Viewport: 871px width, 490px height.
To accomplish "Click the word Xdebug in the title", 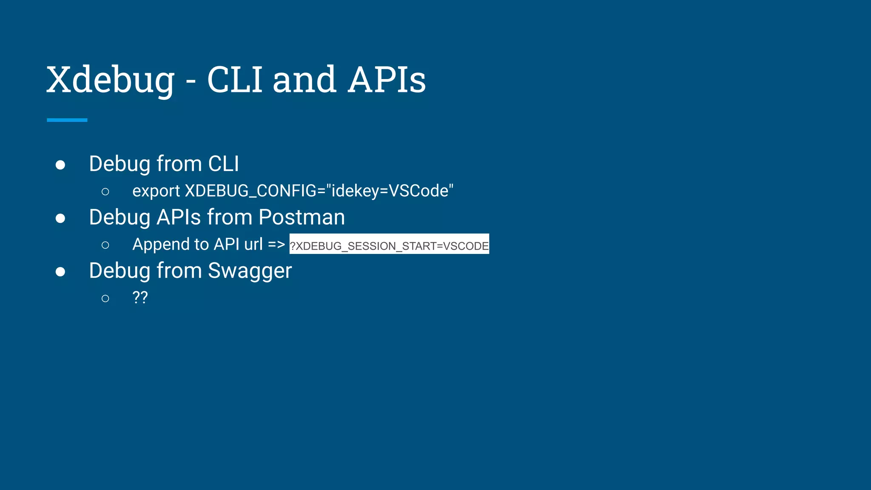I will (x=111, y=80).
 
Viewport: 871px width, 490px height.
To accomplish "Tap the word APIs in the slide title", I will (x=387, y=80).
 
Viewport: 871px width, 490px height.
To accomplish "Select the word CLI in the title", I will (x=235, y=80).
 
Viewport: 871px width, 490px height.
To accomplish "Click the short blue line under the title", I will (x=67, y=120).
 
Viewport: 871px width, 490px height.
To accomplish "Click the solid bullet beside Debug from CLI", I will (x=60, y=165).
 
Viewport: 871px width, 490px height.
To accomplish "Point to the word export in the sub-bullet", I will (x=156, y=191).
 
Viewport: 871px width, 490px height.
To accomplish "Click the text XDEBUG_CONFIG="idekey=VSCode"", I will (x=319, y=191).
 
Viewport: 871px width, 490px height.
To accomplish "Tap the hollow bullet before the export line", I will (x=105, y=192).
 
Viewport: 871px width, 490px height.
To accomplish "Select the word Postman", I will (x=302, y=217).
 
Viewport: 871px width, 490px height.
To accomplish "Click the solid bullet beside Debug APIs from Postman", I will (x=60, y=219).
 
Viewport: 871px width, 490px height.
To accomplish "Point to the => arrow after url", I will (x=276, y=245).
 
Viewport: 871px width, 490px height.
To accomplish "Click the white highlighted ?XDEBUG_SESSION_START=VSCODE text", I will (x=389, y=245).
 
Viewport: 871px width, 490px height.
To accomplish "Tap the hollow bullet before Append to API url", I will (x=105, y=245).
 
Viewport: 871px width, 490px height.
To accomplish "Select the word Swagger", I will (x=250, y=271).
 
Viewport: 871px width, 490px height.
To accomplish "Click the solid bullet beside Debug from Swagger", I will (x=60, y=272).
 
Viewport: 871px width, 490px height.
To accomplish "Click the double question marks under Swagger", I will (x=140, y=297).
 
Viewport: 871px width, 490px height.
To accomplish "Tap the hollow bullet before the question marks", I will (x=105, y=299).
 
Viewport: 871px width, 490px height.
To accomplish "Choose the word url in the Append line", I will (x=253, y=245).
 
